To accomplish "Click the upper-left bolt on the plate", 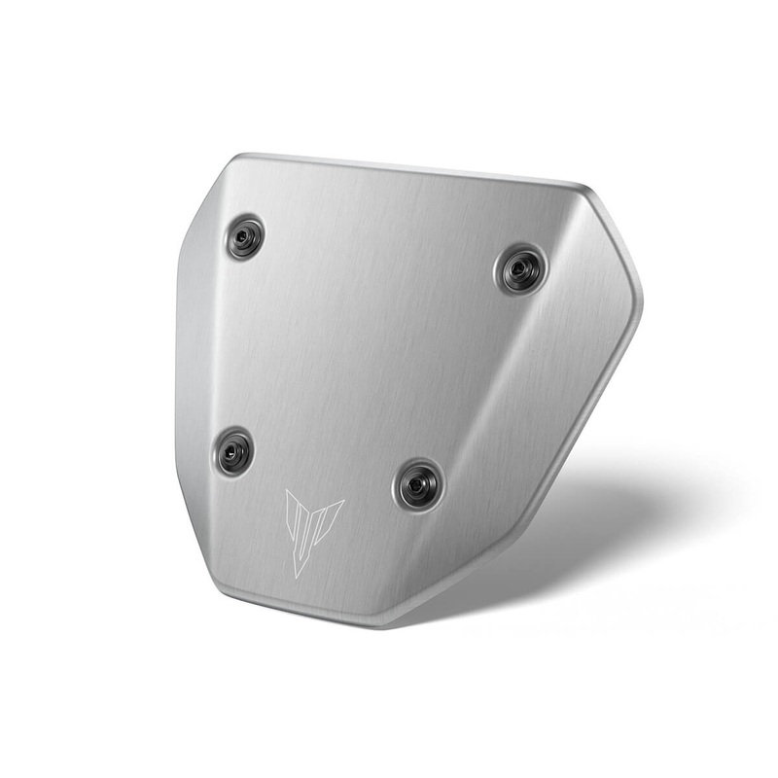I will [x=245, y=237].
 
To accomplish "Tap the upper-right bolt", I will [x=521, y=269].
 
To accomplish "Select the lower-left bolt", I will [x=233, y=452].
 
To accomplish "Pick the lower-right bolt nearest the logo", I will [x=419, y=483].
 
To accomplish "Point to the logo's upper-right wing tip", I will [x=343, y=502].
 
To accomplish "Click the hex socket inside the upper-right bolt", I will [x=521, y=269].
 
